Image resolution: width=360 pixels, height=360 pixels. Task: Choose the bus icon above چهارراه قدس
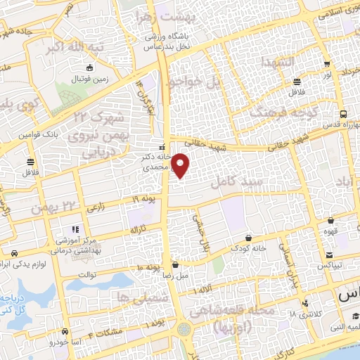click(342, 113)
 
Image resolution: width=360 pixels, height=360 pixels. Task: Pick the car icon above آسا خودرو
click(65, 330)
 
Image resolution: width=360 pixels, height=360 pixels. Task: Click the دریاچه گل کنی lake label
click(15, 302)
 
